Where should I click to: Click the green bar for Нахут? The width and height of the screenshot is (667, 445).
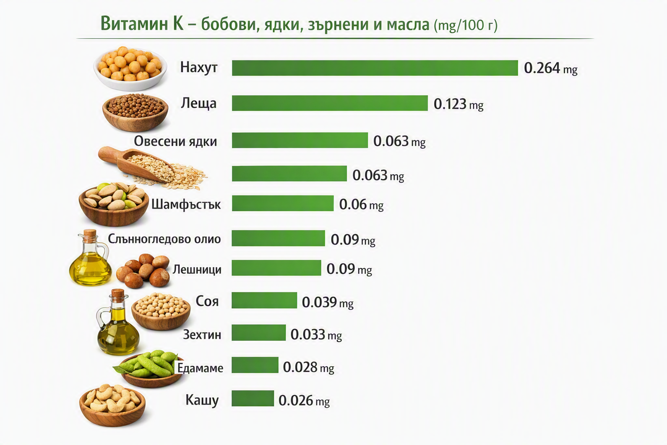tap(375, 68)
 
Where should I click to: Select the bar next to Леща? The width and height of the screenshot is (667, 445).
tap(330, 103)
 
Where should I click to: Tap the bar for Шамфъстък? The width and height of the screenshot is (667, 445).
tap(283, 203)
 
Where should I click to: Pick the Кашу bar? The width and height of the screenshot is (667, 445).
tap(253, 399)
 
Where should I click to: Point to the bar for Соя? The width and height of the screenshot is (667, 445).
tap(264, 300)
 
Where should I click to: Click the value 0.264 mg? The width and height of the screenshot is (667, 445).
tap(551, 68)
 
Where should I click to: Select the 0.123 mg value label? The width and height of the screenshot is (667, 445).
tap(458, 104)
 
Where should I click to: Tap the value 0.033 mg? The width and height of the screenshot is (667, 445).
tap(316, 335)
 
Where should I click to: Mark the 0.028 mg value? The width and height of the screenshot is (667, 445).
tap(308, 367)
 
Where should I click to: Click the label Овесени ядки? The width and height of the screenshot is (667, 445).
tap(175, 141)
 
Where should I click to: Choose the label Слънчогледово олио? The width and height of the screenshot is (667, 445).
tap(164, 239)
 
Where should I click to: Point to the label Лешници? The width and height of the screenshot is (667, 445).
tap(197, 269)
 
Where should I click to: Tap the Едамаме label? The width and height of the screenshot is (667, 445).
tap(200, 368)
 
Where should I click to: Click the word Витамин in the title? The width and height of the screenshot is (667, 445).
tap(135, 24)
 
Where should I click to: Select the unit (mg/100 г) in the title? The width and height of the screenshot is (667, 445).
tap(466, 26)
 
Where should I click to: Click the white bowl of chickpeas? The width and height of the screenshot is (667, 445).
tap(130, 69)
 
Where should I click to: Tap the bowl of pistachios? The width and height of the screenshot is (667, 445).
tap(113, 204)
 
